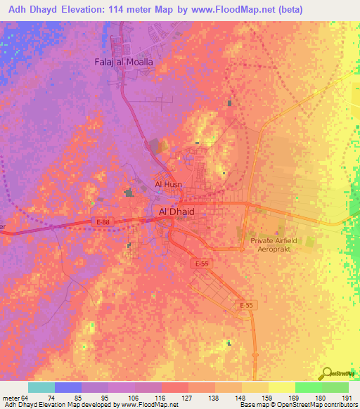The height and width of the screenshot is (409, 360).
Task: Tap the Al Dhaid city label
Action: pos(172,211)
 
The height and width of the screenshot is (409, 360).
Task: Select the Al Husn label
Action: pos(168,186)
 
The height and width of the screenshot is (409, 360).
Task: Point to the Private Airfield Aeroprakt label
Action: pos(274,244)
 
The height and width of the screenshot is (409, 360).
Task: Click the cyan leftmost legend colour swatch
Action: pos(41,387)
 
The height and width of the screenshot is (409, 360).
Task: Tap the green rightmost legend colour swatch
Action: pos(335,387)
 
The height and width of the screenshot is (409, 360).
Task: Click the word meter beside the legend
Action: pos(11,398)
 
